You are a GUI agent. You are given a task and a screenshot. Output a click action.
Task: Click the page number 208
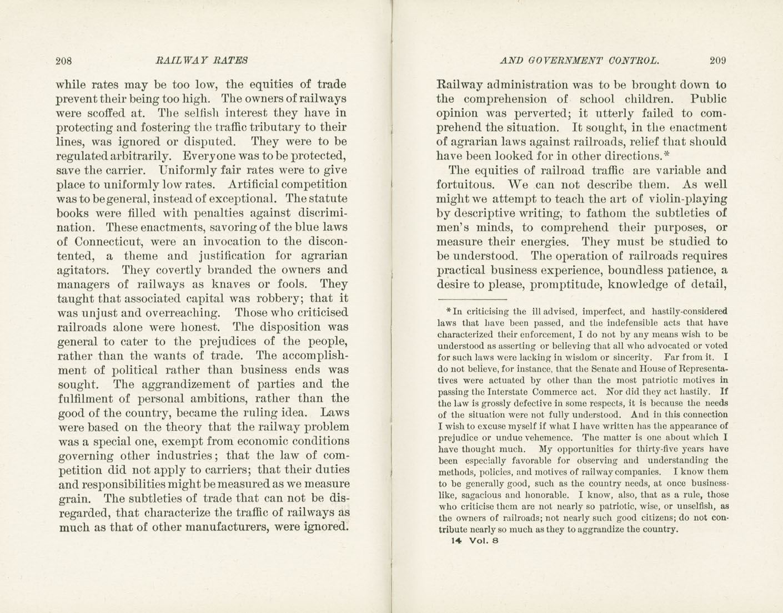(64, 61)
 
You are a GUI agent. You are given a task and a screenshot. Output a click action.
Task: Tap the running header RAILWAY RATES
(202, 61)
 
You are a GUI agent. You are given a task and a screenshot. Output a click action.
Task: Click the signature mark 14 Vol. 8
(476, 541)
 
